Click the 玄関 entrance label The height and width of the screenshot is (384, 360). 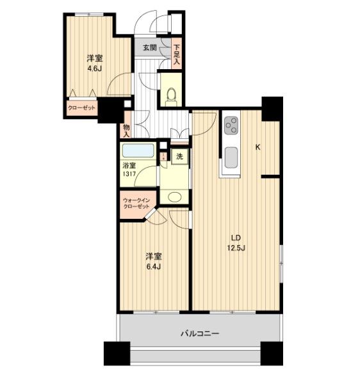point(150,47)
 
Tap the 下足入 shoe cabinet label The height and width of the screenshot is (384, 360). point(177,54)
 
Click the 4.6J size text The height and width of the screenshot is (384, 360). point(95,68)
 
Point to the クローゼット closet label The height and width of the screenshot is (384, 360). point(81,108)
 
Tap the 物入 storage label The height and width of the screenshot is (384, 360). point(126,131)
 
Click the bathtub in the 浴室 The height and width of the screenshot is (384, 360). point(138,150)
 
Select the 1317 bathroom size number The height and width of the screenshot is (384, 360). point(129,175)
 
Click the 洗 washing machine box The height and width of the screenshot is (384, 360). point(179,156)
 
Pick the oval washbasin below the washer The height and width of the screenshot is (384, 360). point(174,197)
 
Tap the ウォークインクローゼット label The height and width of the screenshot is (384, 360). point(136,204)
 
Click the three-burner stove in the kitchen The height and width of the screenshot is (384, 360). point(231,125)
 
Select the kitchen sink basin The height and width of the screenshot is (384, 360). point(231,157)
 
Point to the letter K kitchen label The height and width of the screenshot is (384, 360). point(258,147)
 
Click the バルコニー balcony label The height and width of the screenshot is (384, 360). point(200,333)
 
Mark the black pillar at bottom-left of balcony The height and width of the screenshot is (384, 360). point(117,353)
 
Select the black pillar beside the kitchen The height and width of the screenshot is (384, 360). point(272,109)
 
